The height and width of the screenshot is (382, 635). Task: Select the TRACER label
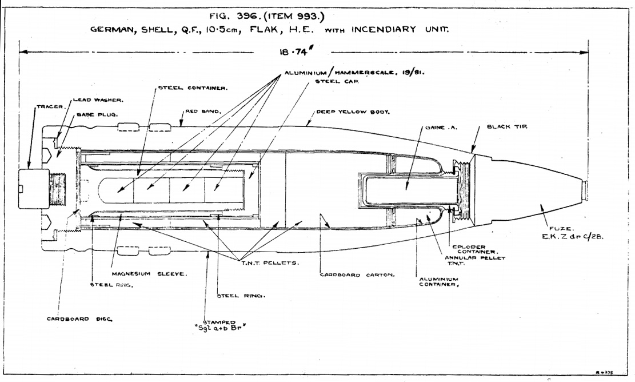click(49, 106)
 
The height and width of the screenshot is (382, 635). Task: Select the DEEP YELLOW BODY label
click(353, 112)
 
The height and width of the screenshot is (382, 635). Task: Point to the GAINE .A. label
click(438, 128)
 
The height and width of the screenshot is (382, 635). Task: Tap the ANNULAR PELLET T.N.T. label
click(469, 260)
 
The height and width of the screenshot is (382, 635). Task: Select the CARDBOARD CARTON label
click(357, 275)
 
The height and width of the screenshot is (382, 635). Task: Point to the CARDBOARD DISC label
click(70, 319)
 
